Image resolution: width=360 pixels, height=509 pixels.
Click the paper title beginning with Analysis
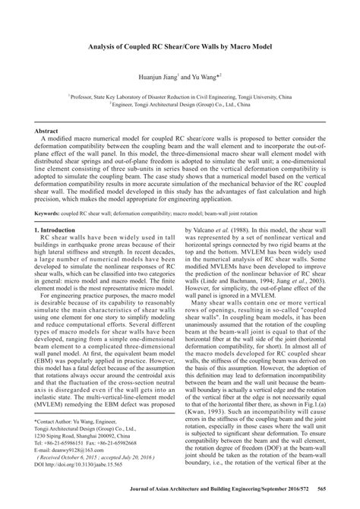(x=179, y=48)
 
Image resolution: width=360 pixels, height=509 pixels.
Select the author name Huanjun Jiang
(x=154, y=77)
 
